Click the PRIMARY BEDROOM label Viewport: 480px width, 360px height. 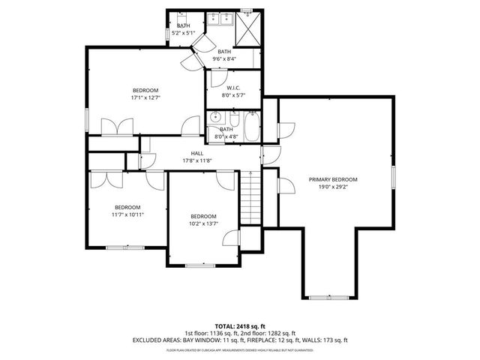333,180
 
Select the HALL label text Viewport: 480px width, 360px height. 196,153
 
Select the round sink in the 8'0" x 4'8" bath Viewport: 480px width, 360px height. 215,117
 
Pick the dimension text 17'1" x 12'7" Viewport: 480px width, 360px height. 145,97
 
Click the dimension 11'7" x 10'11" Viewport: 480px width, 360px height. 127,214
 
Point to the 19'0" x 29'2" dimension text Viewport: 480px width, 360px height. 333,187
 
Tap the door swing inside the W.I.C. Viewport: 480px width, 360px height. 218,77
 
